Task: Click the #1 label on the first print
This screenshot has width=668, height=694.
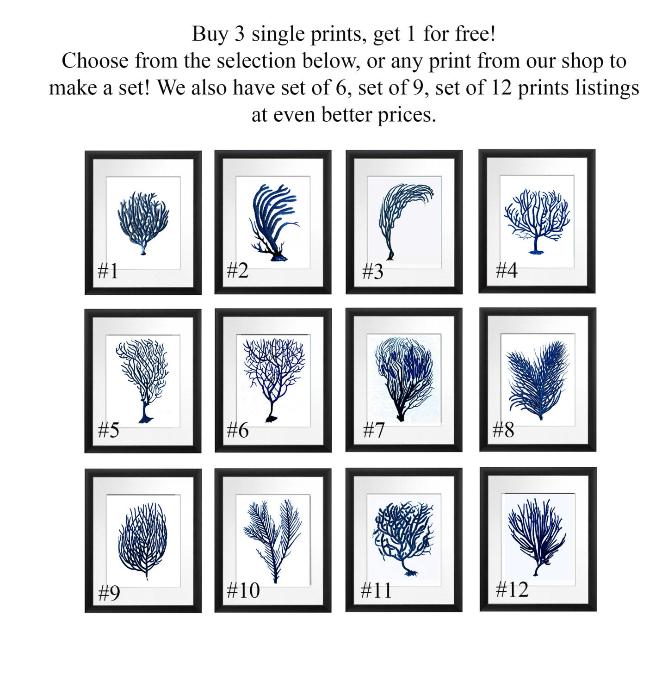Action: click(x=108, y=271)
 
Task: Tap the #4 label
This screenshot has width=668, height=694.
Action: click(x=506, y=270)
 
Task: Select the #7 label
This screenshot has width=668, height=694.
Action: click(x=373, y=430)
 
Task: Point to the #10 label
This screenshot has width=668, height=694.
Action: click(x=243, y=590)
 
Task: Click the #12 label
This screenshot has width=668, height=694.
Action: click(x=512, y=589)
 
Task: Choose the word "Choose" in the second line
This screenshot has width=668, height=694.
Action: click(x=95, y=61)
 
